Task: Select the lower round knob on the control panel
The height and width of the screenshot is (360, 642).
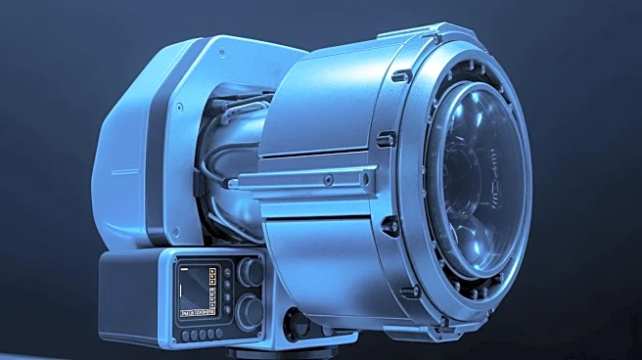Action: pyautogui.click(x=251, y=311)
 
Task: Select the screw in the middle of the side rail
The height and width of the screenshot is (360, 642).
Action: pyautogui.click(x=327, y=179)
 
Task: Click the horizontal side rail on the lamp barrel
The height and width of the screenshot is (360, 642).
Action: pyautogui.click(x=303, y=181)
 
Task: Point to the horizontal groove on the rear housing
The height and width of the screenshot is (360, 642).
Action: pyautogui.click(x=124, y=171)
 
